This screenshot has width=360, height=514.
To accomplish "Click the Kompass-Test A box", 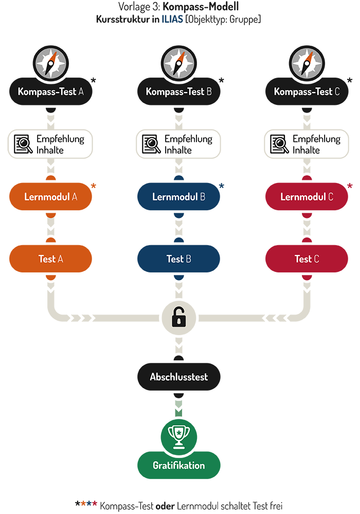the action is click(50, 91).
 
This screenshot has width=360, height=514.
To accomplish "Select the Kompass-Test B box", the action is click(178, 91).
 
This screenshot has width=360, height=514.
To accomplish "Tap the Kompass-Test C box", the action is click(307, 91).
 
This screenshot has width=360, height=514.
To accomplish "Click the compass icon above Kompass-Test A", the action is click(51, 63).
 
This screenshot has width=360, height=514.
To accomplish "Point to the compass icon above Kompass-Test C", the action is click(307, 63).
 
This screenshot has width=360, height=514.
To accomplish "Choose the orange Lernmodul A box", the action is click(50, 197).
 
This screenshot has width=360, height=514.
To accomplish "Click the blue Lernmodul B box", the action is click(178, 197).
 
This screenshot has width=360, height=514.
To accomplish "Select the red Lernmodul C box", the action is click(307, 197).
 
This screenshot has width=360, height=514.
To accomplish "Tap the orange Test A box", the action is click(50, 259).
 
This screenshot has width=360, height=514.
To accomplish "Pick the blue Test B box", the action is click(178, 259).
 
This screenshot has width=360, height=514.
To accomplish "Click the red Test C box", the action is click(307, 259).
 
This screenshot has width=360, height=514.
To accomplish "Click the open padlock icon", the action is click(179, 318).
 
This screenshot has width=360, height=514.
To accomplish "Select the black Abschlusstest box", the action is click(178, 377).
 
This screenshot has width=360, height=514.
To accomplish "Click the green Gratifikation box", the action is click(178, 466).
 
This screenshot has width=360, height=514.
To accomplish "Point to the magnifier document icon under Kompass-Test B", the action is click(152, 144).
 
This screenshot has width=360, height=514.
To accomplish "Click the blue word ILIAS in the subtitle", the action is click(172, 20).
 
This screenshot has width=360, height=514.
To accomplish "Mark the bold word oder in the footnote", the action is click(165, 506).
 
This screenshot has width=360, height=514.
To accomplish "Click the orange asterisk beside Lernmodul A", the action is click(94, 186).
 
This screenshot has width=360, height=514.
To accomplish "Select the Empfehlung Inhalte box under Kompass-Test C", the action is click(307, 144).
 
